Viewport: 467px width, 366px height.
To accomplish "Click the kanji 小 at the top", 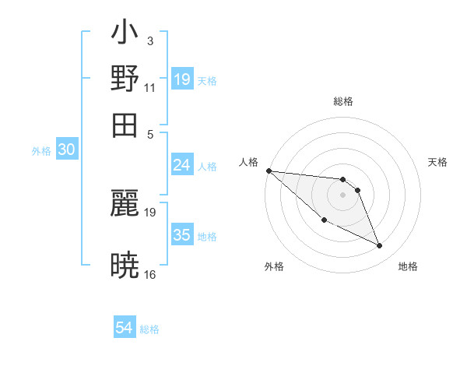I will coord(125,36).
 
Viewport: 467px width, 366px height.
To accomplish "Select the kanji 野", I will coord(125,79).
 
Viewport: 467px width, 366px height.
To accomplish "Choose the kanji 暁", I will coord(125,266).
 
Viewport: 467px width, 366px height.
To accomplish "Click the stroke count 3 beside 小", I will coord(149,40).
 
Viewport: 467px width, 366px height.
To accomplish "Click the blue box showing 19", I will coord(182,79).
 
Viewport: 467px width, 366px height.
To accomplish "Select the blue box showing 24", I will coord(182,164).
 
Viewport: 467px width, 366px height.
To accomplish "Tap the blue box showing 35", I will coord(182,235).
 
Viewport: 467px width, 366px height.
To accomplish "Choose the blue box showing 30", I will coord(66,150).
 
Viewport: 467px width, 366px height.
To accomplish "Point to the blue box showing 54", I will coord(125,328).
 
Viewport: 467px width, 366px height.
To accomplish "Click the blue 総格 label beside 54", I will coord(149,329).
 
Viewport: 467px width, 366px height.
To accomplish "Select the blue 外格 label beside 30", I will coord(41,151).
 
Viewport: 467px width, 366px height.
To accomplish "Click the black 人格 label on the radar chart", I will coord(249,162).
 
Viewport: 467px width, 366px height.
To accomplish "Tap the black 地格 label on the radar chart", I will coord(408,266).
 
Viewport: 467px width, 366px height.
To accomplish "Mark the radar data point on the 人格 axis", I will coord(269,171).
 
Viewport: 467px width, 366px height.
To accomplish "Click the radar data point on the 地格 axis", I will coord(380,246).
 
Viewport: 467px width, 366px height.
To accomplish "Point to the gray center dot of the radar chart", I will coord(342,195).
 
